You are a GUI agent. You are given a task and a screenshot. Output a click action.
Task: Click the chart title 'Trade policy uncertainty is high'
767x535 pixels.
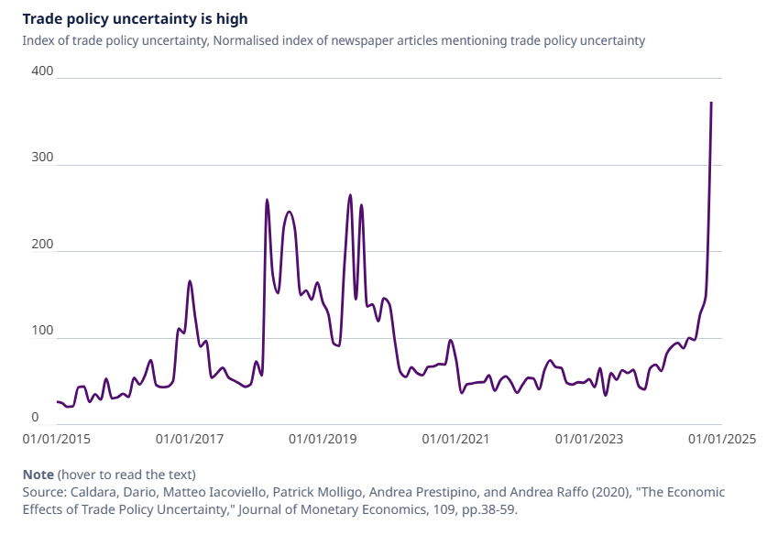[x=135, y=18]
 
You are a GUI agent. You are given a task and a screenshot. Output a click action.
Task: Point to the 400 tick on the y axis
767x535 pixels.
[x=43, y=72]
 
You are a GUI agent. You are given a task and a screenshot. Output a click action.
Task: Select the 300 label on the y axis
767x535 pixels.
[x=43, y=158]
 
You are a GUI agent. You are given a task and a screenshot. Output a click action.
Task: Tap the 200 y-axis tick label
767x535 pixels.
[x=43, y=246]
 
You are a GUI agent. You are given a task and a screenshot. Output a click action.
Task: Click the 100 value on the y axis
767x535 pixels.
[x=43, y=332]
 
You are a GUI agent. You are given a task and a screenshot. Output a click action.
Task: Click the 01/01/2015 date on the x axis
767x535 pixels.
[x=57, y=439]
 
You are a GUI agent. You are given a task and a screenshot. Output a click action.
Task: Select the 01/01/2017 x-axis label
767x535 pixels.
[x=191, y=439]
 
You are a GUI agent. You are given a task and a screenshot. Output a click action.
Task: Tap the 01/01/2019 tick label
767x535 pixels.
[x=323, y=439]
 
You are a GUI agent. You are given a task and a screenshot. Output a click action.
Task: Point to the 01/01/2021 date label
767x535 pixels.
[x=457, y=439]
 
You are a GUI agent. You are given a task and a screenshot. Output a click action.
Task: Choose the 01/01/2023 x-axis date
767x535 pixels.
[x=589, y=439]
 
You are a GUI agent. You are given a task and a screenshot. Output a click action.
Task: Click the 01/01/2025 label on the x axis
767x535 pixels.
[x=722, y=439]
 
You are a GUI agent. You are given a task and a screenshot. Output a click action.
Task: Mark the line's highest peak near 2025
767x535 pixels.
[x=712, y=103]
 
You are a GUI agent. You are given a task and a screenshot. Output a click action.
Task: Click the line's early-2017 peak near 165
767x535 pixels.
[x=190, y=281]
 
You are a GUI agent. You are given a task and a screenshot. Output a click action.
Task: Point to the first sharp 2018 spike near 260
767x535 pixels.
[x=267, y=200]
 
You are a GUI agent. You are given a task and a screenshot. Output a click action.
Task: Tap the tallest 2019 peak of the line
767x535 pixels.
[x=350, y=195]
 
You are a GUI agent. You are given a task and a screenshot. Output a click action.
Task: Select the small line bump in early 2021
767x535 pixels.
[x=451, y=341]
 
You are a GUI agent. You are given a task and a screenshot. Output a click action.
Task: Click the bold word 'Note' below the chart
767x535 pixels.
[x=38, y=475]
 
